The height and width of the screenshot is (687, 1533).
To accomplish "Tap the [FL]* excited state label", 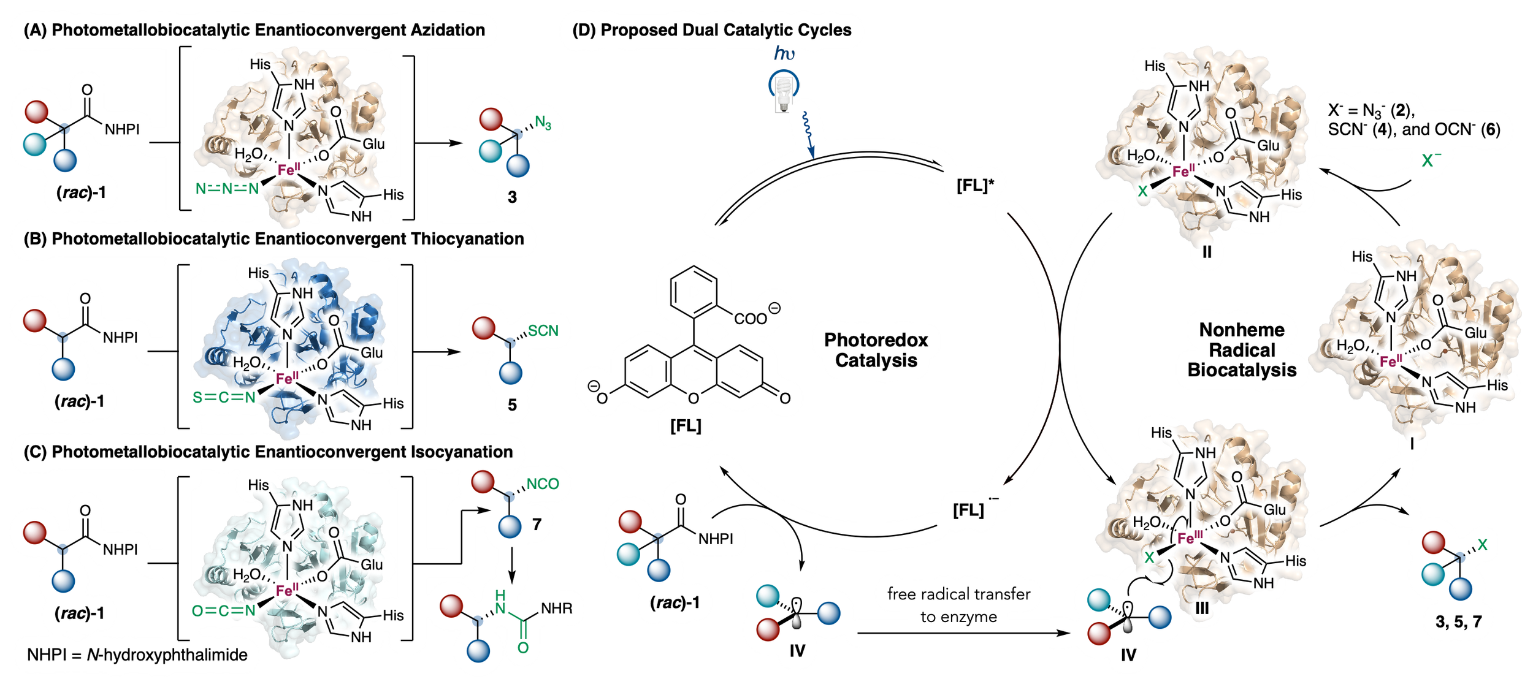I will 975,186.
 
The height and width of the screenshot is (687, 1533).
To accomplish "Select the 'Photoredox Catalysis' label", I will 876,350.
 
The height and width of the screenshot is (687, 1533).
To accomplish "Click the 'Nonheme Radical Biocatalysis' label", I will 1242,350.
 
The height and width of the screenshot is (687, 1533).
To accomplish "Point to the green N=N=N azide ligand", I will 227,188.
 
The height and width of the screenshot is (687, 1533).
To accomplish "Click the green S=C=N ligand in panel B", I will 224,398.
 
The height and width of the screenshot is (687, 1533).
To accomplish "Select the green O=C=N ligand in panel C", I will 223,610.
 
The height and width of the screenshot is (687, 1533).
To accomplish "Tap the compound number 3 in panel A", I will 512,197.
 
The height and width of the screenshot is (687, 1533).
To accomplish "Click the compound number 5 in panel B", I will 512,405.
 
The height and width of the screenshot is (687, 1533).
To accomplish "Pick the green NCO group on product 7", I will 543,484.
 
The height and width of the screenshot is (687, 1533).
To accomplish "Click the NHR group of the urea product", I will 556,609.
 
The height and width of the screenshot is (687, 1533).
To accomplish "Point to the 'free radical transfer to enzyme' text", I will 959,605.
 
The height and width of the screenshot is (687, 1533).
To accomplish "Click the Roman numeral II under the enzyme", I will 1207,252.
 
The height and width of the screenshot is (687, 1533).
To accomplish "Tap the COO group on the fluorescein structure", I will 751,319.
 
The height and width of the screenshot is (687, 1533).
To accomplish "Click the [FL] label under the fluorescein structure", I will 685,426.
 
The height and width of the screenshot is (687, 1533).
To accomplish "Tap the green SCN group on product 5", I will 543,331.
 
